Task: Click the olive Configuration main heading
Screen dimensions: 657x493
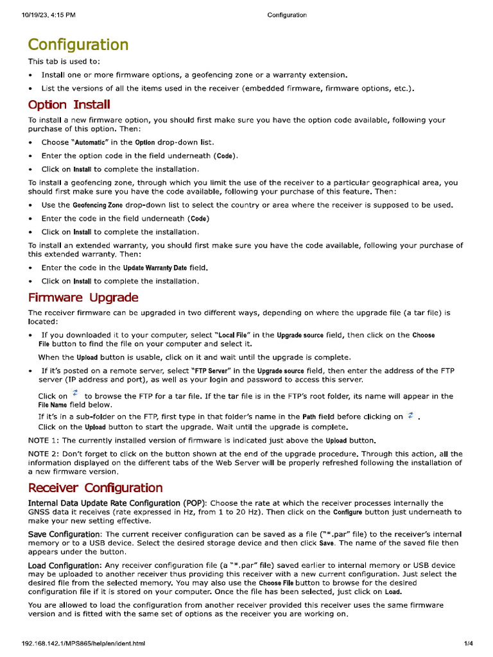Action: [x=78, y=45]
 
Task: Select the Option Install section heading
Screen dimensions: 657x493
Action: [x=69, y=105]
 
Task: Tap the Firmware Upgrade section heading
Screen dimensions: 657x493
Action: [x=83, y=298]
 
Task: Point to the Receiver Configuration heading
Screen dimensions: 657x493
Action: [x=95, y=488]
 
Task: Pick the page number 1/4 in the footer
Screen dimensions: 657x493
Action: [x=468, y=643]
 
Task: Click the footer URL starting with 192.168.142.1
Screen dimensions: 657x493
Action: [x=83, y=643]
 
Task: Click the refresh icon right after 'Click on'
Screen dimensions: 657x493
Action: [x=76, y=393]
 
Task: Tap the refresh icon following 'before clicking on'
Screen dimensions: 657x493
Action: [x=410, y=415]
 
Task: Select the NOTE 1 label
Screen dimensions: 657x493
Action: [x=43, y=440]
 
